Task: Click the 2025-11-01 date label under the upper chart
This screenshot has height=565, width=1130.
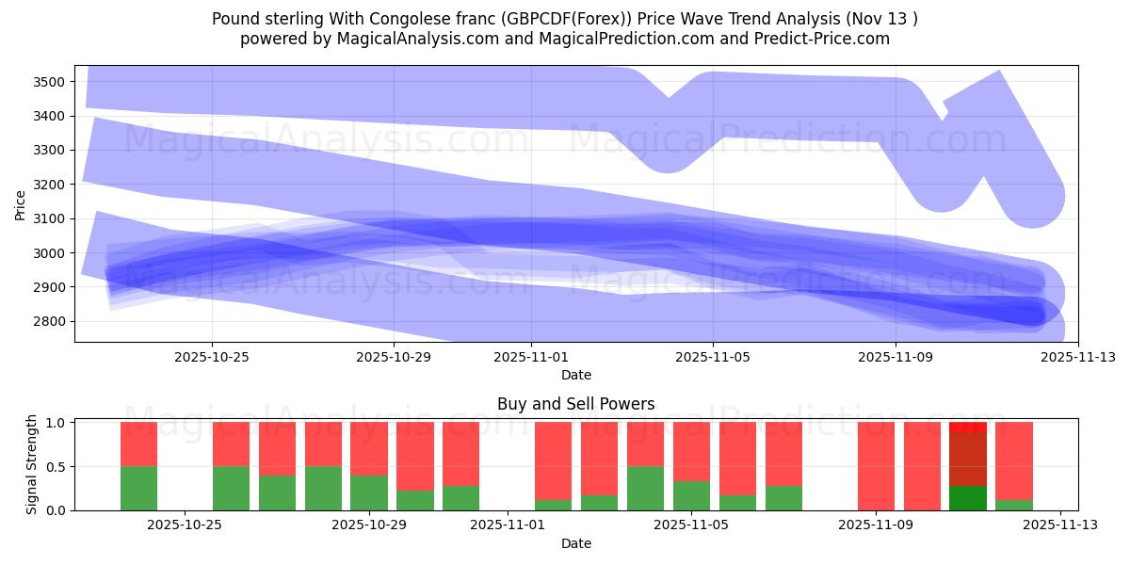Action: tap(531, 358)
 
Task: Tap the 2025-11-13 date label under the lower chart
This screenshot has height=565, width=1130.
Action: tap(1060, 525)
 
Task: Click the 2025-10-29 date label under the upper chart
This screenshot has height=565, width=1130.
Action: tap(394, 358)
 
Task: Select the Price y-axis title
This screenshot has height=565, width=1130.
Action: tap(21, 204)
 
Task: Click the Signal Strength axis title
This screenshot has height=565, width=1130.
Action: tap(32, 464)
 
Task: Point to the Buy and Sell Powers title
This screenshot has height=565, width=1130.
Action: tap(575, 404)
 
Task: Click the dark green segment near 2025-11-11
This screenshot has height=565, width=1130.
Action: tap(968, 498)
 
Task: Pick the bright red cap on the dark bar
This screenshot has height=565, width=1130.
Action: tap(968, 428)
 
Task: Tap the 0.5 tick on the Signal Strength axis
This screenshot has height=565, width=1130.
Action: tap(57, 466)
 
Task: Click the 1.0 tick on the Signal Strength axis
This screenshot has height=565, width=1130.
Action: tap(57, 423)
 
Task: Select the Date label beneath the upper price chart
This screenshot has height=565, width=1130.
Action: tap(575, 375)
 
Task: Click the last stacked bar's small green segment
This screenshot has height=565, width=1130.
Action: tap(1014, 505)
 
